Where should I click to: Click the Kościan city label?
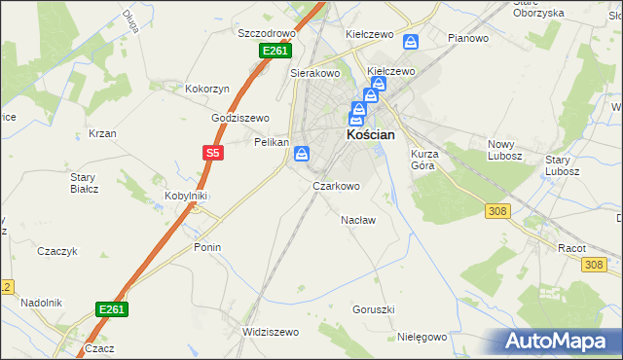[371, 135]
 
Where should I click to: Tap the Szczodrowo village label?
[267, 32]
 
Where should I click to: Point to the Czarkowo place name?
[336, 185]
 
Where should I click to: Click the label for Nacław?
[358, 220]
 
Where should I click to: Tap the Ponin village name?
[207, 247]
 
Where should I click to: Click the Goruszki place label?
[374, 309]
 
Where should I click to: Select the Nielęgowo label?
[422, 337]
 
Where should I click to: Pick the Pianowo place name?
[468, 38]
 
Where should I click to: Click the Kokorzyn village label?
[207, 89]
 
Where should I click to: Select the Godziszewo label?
[240, 118]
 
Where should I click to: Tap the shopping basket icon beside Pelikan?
[303, 153]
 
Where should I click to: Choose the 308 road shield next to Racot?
[596, 264]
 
